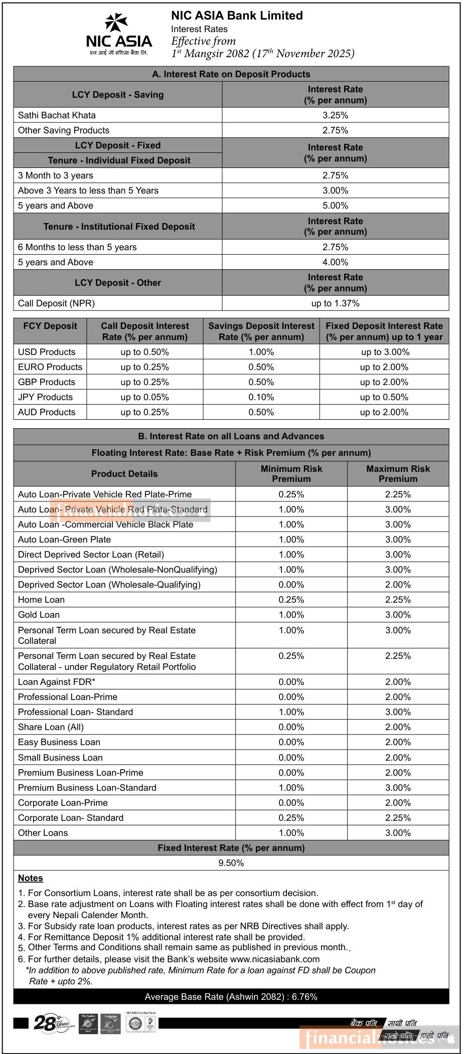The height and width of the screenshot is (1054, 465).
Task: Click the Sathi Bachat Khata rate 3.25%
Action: (335, 115)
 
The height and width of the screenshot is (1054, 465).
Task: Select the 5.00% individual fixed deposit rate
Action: (335, 206)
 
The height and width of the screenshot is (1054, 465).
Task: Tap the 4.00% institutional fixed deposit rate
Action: (335, 262)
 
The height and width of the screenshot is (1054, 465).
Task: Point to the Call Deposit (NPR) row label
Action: (56, 303)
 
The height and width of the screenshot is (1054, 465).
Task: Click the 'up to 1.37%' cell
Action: (335, 303)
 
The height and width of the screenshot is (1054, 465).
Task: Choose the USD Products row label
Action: (47, 352)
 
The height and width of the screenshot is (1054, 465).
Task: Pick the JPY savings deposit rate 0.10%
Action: (261, 397)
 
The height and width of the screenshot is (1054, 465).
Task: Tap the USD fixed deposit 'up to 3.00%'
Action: (384, 352)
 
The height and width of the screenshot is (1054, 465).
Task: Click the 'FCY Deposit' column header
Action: (50, 326)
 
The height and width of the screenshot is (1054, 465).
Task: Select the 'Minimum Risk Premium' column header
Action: (291, 474)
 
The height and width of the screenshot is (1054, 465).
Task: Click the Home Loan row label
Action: (41, 600)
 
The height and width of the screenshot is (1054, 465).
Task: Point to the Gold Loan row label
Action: (39, 615)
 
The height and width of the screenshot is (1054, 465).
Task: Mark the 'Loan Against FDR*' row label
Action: (57, 682)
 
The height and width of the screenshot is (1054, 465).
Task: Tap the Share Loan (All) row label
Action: (51, 727)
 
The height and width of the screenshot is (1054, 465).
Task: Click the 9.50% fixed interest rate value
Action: (231, 863)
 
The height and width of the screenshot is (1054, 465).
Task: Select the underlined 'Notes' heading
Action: (31, 878)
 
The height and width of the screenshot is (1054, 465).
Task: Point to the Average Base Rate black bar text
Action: (231, 997)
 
